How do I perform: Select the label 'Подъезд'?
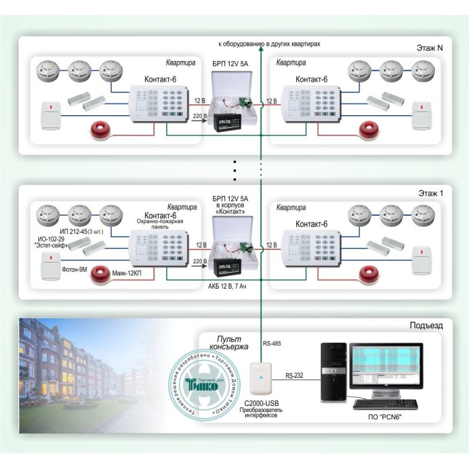[x=425, y=325]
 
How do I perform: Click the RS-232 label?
[x=294, y=376]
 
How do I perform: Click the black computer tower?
[x=332, y=373]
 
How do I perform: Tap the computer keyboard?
[x=387, y=403]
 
